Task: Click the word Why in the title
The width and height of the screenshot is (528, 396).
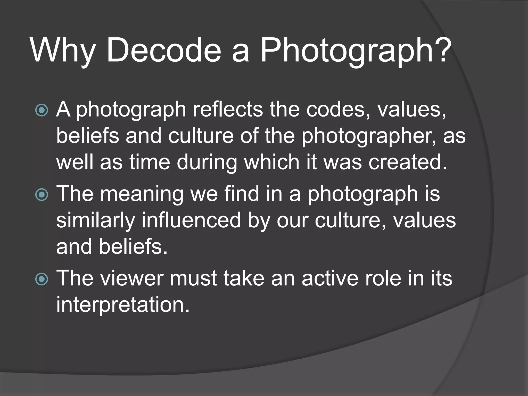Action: click(x=63, y=51)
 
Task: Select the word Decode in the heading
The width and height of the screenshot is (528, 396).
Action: click(x=164, y=50)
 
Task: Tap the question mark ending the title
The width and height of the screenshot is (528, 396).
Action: click(x=444, y=50)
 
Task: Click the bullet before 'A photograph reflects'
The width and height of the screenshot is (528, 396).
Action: click(x=42, y=110)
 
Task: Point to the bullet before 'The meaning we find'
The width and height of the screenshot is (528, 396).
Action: click(x=42, y=194)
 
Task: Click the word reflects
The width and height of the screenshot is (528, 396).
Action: click(x=228, y=109)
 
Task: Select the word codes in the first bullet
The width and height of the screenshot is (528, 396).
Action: click(x=338, y=109)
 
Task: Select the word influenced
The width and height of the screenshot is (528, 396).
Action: click(x=191, y=220)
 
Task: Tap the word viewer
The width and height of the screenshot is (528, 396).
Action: click(x=132, y=278)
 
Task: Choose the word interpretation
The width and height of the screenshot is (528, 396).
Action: click(x=123, y=305)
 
